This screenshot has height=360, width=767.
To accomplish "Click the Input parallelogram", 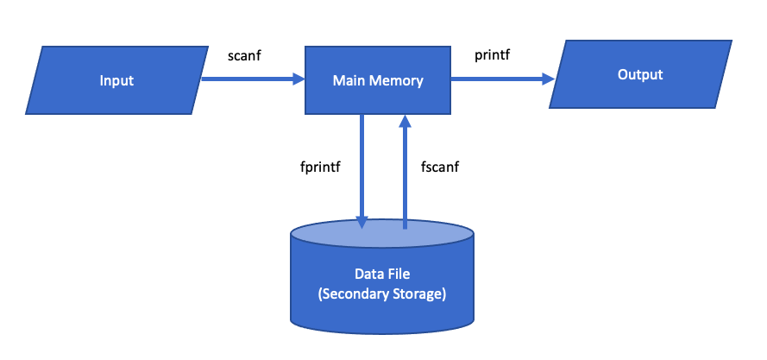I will coord(116,81).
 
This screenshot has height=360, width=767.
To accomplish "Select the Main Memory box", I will coord(378,81).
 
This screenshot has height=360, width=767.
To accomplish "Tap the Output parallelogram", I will coord(640,74).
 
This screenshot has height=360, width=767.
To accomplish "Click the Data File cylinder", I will coord(382,285).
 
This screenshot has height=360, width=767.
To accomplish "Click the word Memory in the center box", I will coord(399,81).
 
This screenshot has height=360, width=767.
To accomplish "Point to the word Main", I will coord(350,81).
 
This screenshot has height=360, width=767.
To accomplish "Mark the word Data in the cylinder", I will coord(368,274).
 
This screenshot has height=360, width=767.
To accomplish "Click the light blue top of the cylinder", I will coord(382,235).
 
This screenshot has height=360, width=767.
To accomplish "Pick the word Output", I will coord(640,74).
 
